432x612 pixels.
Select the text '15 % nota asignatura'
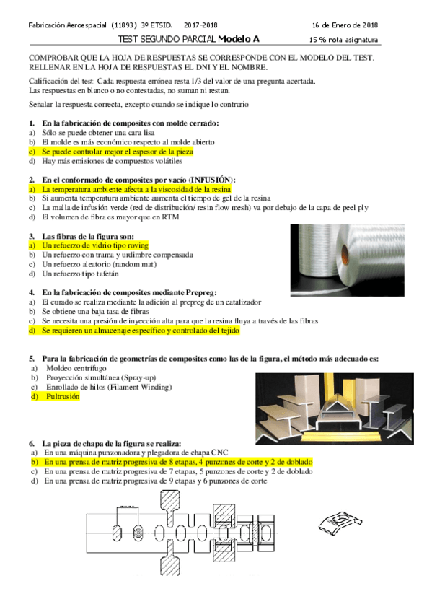coord(343,40)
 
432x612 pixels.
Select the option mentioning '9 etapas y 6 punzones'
coord(154,481)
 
